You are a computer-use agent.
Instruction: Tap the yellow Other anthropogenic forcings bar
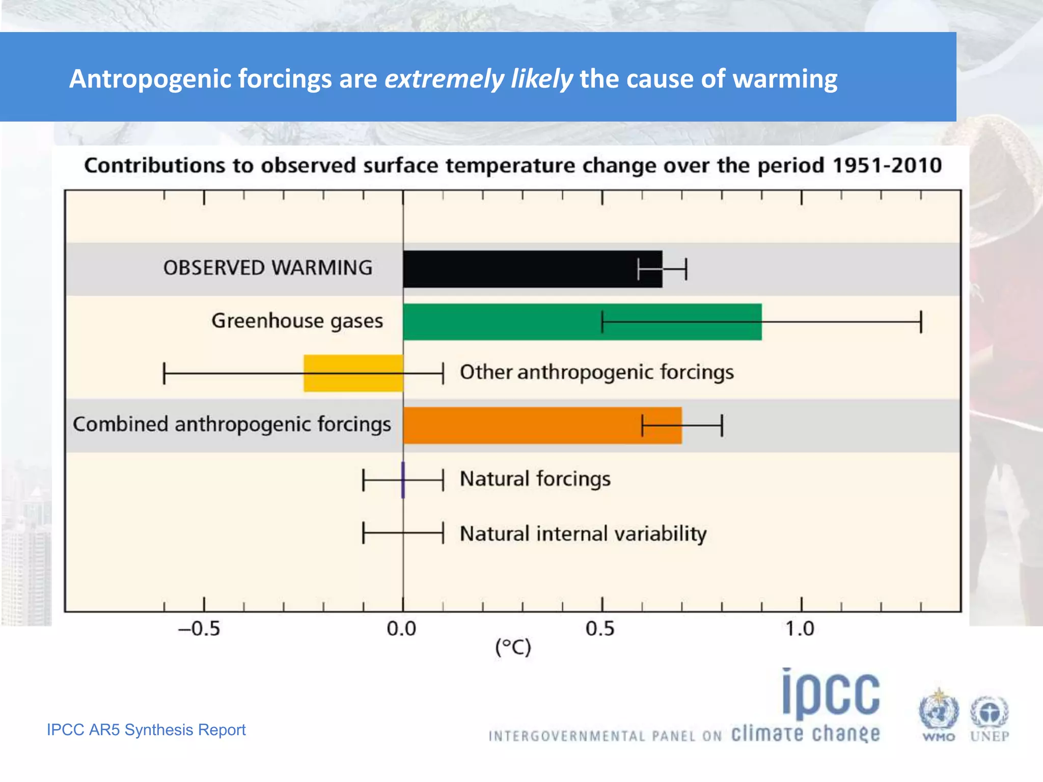353,373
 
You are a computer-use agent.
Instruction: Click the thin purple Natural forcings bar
403,480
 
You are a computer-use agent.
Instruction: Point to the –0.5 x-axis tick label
199,629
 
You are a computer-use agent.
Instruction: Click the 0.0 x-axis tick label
401,629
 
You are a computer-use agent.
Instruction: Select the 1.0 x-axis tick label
800,629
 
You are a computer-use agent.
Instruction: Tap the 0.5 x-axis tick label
600,629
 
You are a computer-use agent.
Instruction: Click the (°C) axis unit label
513,648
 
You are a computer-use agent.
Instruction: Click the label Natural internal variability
583,534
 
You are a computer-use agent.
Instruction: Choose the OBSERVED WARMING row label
268,268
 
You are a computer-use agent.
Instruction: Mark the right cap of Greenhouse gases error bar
921,322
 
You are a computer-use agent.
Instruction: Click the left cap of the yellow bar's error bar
164,373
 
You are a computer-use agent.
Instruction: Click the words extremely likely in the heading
478,79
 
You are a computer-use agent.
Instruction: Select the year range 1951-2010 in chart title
887,165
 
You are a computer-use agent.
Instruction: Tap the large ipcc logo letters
831,693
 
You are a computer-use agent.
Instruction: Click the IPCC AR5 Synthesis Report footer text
146,730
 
